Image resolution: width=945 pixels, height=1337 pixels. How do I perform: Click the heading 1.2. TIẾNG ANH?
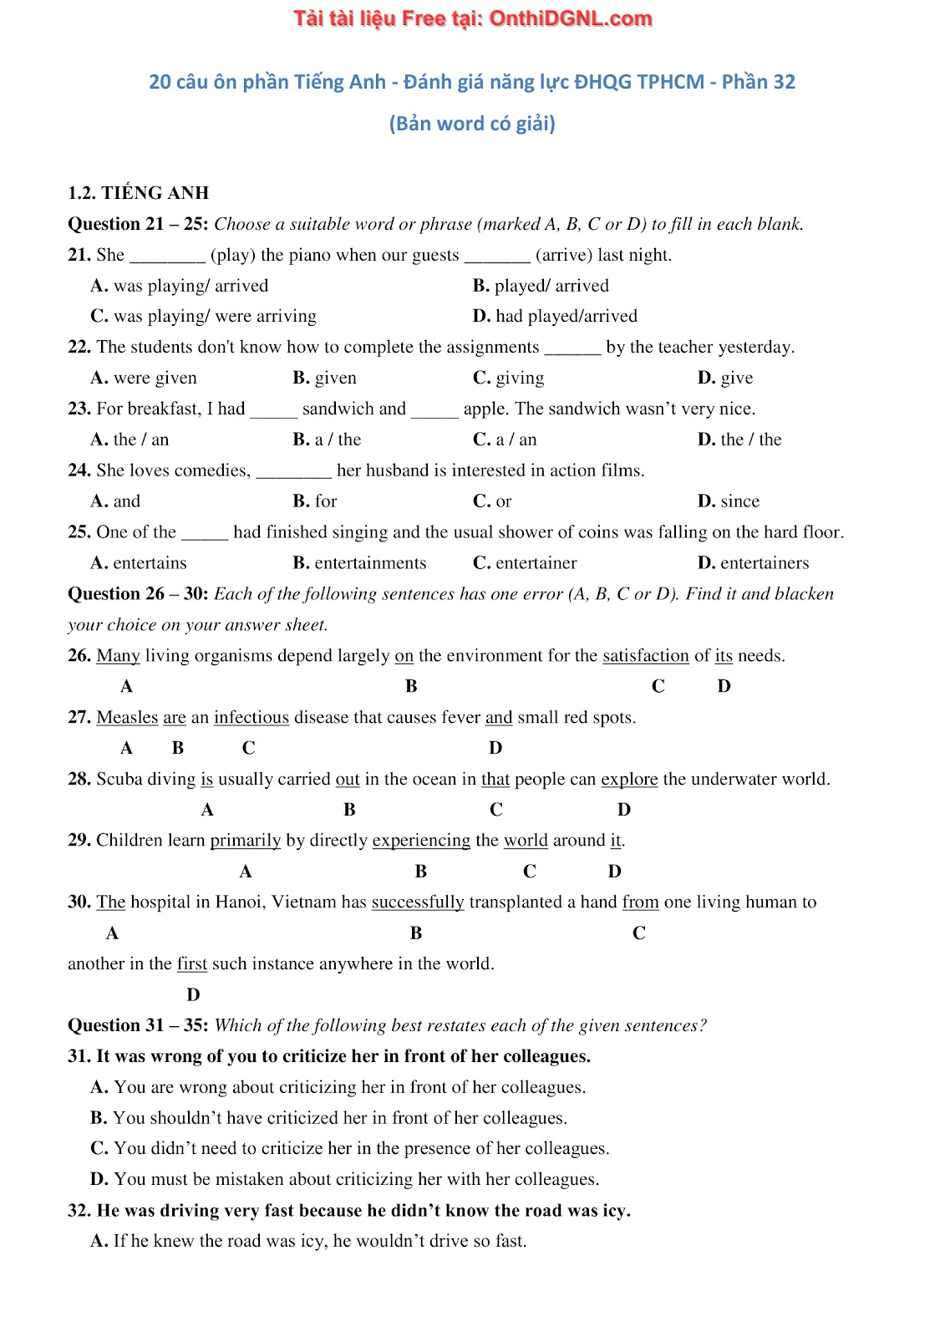point(138,193)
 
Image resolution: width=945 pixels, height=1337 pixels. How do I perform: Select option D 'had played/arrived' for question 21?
point(555,316)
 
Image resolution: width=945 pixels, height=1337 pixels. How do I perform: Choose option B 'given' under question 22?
point(324,378)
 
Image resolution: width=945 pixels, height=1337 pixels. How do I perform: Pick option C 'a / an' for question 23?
point(505,440)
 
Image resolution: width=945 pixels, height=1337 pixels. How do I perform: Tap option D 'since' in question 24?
point(729,501)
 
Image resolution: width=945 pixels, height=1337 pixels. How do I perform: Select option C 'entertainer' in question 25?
point(525,563)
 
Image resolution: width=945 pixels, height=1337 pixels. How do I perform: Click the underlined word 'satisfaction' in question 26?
point(645,656)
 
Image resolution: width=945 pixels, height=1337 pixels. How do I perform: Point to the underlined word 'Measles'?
point(127,718)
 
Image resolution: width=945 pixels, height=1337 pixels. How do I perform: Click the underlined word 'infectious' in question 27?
point(251,718)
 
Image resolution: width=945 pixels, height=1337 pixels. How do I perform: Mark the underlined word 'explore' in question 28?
point(629,780)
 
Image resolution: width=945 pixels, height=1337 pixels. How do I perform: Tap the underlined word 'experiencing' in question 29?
point(421,841)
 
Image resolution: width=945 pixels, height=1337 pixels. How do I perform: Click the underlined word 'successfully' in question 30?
point(417,902)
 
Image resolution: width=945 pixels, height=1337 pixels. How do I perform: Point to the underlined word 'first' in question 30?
point(191,964)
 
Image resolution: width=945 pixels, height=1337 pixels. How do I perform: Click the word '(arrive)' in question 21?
point(563,255)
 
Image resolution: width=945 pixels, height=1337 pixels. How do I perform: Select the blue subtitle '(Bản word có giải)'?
point(472,124)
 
